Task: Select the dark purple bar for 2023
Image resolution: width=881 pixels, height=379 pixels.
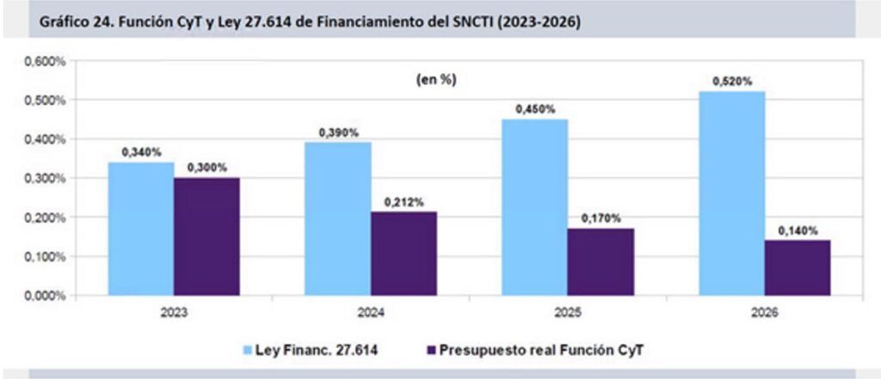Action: click(x=206, y=236)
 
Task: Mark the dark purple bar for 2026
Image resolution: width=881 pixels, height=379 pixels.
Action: click(x=797, y=267)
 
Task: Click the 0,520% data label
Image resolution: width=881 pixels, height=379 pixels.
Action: click(x=732, y=81)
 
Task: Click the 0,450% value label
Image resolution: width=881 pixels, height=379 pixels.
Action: click(x=535, y=109)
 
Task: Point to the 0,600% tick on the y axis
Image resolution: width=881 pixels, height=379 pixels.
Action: click(x=45, y=62)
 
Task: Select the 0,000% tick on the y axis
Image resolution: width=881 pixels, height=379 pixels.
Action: click(x=45, y=296)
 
